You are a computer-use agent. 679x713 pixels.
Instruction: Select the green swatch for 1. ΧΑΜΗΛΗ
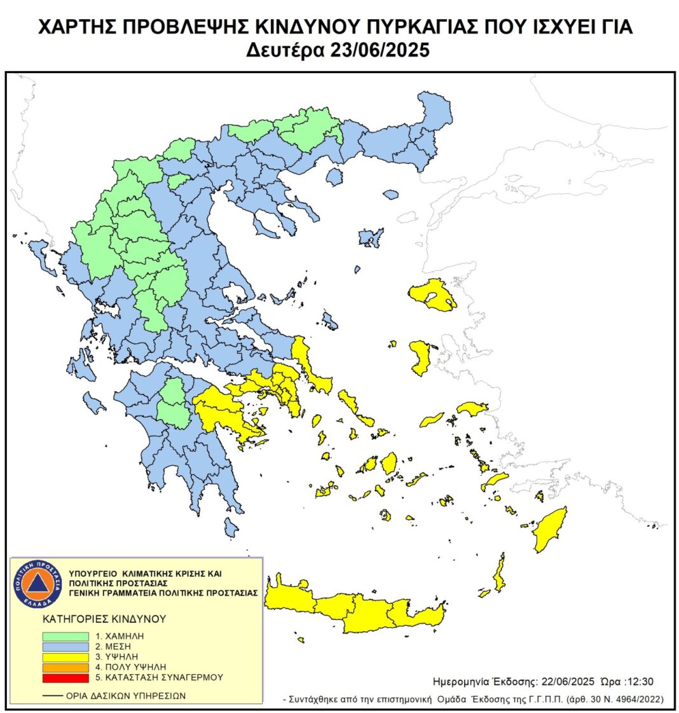(x=65, y=635)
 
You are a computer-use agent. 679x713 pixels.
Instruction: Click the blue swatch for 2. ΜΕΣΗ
(x=65, y=646)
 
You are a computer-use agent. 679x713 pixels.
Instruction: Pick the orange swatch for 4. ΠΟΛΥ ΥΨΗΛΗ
(x=65, y=667)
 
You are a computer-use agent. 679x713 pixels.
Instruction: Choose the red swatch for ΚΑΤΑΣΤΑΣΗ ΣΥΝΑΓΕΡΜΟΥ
(x=65, y=677)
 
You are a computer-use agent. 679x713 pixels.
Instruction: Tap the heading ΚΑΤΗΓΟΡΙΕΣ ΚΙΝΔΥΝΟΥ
(x=104, y=618)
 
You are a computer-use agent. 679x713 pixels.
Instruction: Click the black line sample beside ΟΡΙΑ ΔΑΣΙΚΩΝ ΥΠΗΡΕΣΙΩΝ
(x=52, y=696)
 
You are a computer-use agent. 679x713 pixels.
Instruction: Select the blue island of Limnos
(x=371, y=238)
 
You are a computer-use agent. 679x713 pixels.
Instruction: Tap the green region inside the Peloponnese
(x=172, y=403)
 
